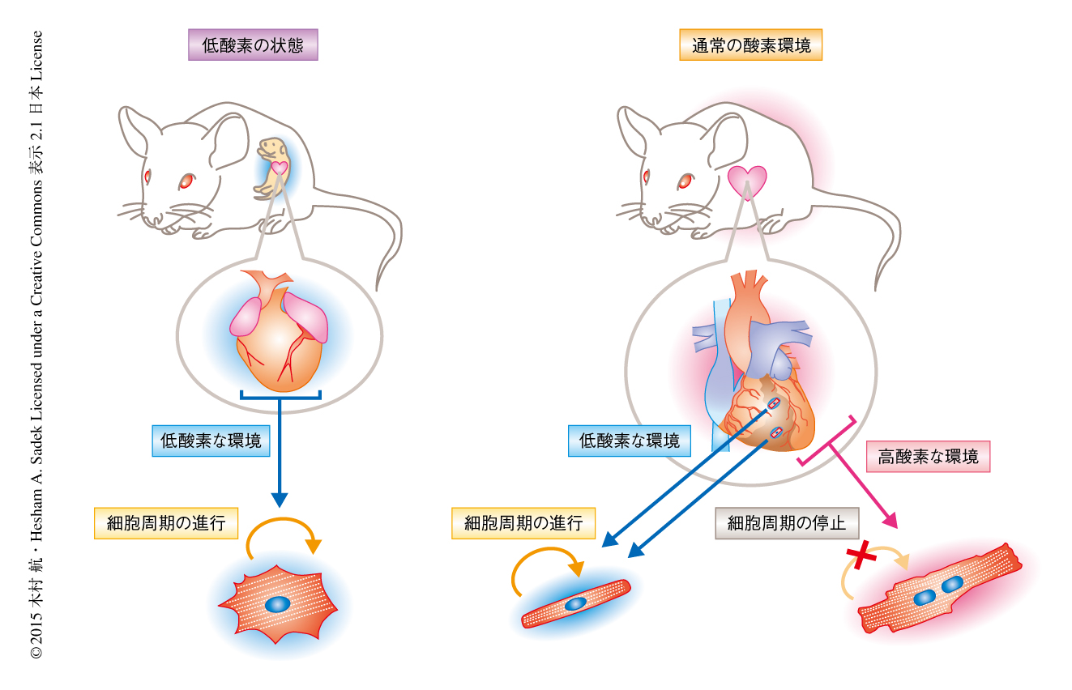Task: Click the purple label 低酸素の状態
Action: [253, 45]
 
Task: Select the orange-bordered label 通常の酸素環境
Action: [750, 45]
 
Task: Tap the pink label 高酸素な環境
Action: [928, 457]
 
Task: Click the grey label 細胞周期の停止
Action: [786, 523]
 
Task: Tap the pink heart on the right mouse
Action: [746, 181]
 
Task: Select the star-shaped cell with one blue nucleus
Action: [278, 604]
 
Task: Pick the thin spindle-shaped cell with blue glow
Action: [576, 603]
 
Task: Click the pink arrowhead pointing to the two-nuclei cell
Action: [890, 521]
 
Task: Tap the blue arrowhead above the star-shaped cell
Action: [279, 497]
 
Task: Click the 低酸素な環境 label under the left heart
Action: [211, 441]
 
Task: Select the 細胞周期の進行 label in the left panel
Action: [166, 523]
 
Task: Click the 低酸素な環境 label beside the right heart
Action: [629, 441]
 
